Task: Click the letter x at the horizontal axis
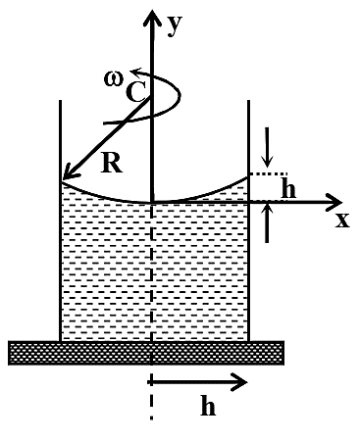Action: point(342,220)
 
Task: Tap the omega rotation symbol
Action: point(114,78)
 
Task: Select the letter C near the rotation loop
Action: point(134,92)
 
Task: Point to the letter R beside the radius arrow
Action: point(112,163)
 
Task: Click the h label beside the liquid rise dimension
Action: point(288,188)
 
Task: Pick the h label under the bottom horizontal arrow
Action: point(208,405)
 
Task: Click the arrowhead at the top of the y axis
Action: point(152,17)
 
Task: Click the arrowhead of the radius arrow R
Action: point(69,172)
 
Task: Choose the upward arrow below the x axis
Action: point(268,223)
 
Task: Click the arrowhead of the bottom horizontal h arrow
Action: point(239,382)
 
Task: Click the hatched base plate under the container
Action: point(146,353)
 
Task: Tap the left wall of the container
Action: point(61,220)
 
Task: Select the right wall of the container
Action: point(248,220)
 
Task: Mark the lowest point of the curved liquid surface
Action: point(152,203)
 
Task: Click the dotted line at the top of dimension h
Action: point(269,174)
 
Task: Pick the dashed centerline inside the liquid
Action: point(152,272)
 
